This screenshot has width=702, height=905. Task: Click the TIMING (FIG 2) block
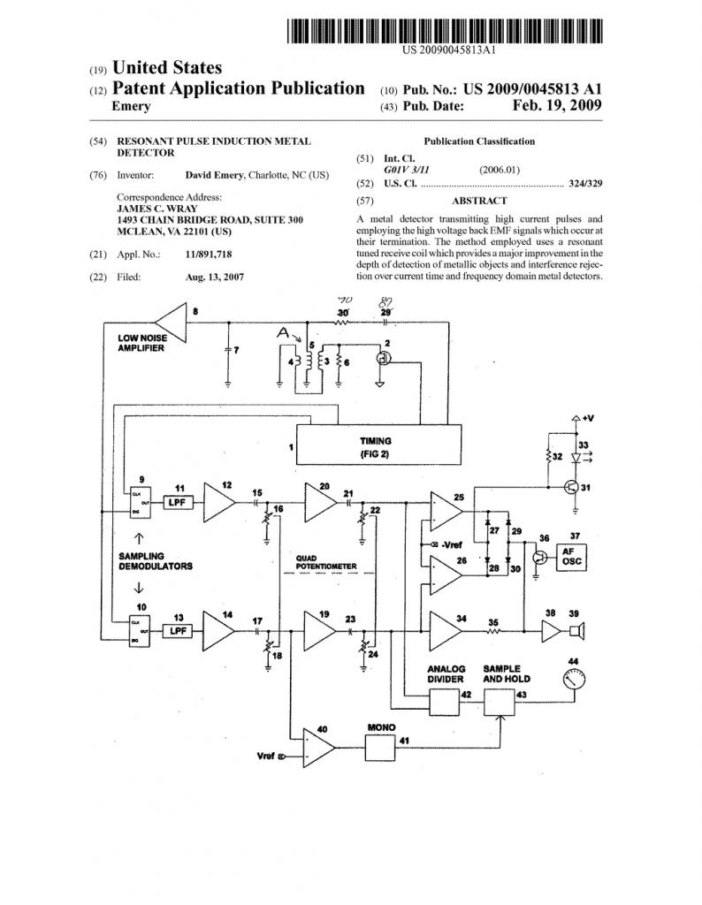[378, 445]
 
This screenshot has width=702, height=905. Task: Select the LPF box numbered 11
[178, 502]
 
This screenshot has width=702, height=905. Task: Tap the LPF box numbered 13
[178, 631]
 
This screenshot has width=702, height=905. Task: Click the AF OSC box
[570, 558]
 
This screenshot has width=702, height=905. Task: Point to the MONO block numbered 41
[380, 751]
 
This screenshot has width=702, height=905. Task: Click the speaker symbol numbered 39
[576, 632]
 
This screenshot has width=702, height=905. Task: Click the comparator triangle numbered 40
[318, 753]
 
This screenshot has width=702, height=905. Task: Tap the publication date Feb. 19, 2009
[557, 106]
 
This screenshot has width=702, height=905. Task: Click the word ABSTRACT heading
[478, 201]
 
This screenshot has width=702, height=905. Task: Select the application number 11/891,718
[209, 254]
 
